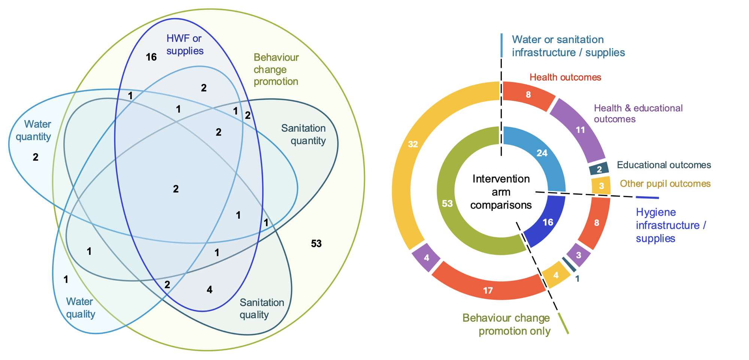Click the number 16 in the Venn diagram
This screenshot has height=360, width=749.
151,57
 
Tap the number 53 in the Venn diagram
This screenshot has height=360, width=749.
316,243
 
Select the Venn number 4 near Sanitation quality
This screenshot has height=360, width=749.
209,289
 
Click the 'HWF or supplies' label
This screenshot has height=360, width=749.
185,44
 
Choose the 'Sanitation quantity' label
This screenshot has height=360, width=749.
304,134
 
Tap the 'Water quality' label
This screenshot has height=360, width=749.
80,308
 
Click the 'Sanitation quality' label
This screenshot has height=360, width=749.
261,308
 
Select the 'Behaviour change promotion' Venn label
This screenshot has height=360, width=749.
276,69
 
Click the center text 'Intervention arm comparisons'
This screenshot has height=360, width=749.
501,192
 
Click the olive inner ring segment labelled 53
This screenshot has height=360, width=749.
448,203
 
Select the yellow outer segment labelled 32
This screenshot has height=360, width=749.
413,144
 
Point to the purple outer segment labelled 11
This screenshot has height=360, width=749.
580,130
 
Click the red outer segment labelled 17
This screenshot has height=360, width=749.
488,290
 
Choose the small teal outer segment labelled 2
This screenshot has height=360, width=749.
599,169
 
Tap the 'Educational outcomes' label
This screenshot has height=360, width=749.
664,165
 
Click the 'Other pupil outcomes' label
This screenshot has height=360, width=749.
665,184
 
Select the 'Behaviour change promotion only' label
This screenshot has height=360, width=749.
507,324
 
